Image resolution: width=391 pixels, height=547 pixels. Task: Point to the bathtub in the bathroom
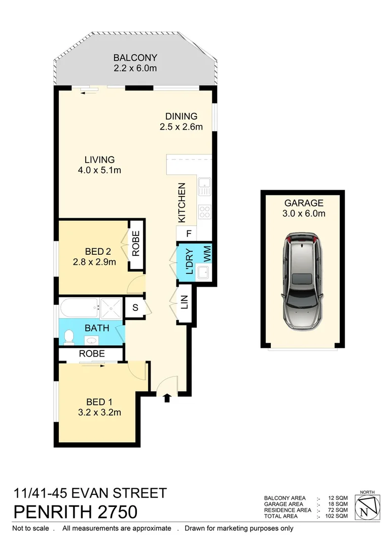coord(79,307)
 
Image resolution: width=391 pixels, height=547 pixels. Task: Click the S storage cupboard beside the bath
coord(135,307)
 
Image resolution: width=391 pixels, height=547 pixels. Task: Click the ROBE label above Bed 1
coord(92,354)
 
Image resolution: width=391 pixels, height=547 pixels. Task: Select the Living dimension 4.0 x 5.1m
coord(99,170)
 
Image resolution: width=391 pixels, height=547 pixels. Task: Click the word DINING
coord(181,116)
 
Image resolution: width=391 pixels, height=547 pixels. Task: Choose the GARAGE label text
coord(303,204)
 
